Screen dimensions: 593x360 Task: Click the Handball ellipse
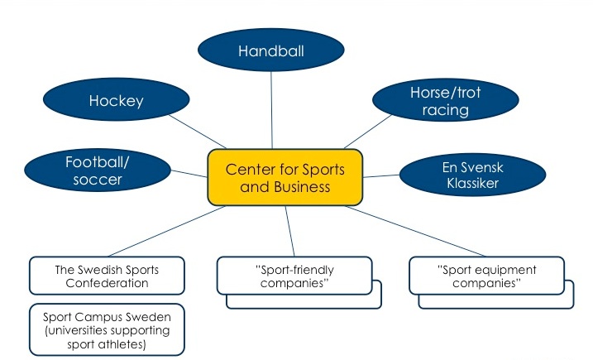[x=270, y=50]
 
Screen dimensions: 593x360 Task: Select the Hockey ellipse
[x=116, y=99]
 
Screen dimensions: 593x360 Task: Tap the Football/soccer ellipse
[x=98, y=170]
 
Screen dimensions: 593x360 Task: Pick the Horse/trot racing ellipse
[x=446, y=100]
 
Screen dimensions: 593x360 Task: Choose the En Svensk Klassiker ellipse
[x=473, y=175]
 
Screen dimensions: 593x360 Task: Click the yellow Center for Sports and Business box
[x=285, y=178]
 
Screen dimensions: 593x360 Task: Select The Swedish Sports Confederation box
[x=107, y=276]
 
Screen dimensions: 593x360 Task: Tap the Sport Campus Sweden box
[x=107, y=329]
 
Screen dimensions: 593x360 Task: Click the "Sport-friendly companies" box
[x=294, y=276]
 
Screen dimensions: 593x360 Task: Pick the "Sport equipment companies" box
[x=487, y=276]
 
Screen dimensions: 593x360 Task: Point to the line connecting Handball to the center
[x=271, y=110]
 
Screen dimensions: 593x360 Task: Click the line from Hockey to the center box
[x=198, y=132]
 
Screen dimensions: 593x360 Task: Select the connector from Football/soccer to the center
[x=189, y=174]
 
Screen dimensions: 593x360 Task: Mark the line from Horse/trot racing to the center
[x=367, y=132]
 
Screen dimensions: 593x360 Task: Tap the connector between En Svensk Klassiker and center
[x=381, y=176]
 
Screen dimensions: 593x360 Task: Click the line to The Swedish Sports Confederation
[x=166, y=231]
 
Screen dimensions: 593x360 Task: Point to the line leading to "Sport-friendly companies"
[x=289, y=231]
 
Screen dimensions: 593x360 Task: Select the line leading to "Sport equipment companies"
[x=415, y=231]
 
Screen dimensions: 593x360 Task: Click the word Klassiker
[x=473, y=183]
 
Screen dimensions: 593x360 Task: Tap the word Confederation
[x=107, y=283]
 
